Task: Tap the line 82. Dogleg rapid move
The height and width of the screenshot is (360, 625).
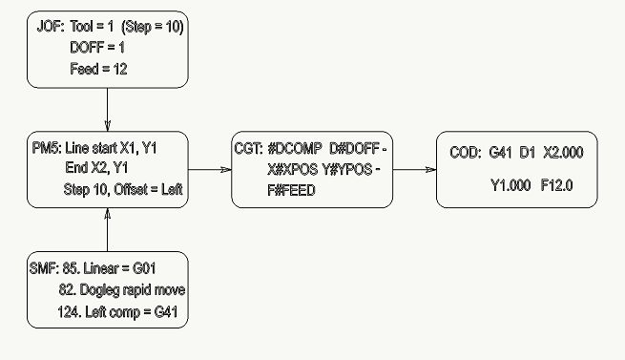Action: pyautogui.click(x=119, y=290)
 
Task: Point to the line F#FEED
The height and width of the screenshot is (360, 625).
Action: pyautogui.click(x=293, y=190)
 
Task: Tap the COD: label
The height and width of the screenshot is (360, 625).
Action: pyautogui.click(x=465, y=152)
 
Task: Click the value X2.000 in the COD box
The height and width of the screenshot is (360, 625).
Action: pyautogui.click(x=562, y=152)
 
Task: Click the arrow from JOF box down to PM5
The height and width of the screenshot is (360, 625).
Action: pyautogui.click(x=106, y=110)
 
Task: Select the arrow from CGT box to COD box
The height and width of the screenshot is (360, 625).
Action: pyautogui.click(x=415, y=170)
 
